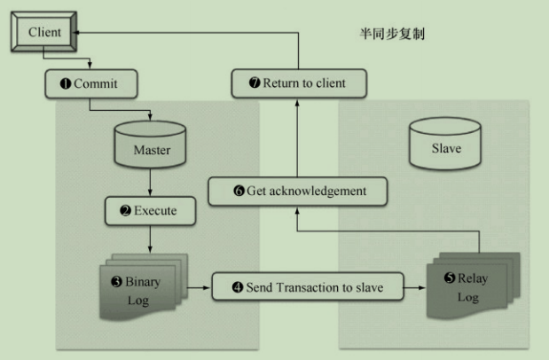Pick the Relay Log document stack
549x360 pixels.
[x=467, y=286]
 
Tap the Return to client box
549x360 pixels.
[x=298, y=84]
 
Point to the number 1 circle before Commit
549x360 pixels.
[x=65, y=84]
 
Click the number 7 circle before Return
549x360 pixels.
[x=255, y=84]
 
